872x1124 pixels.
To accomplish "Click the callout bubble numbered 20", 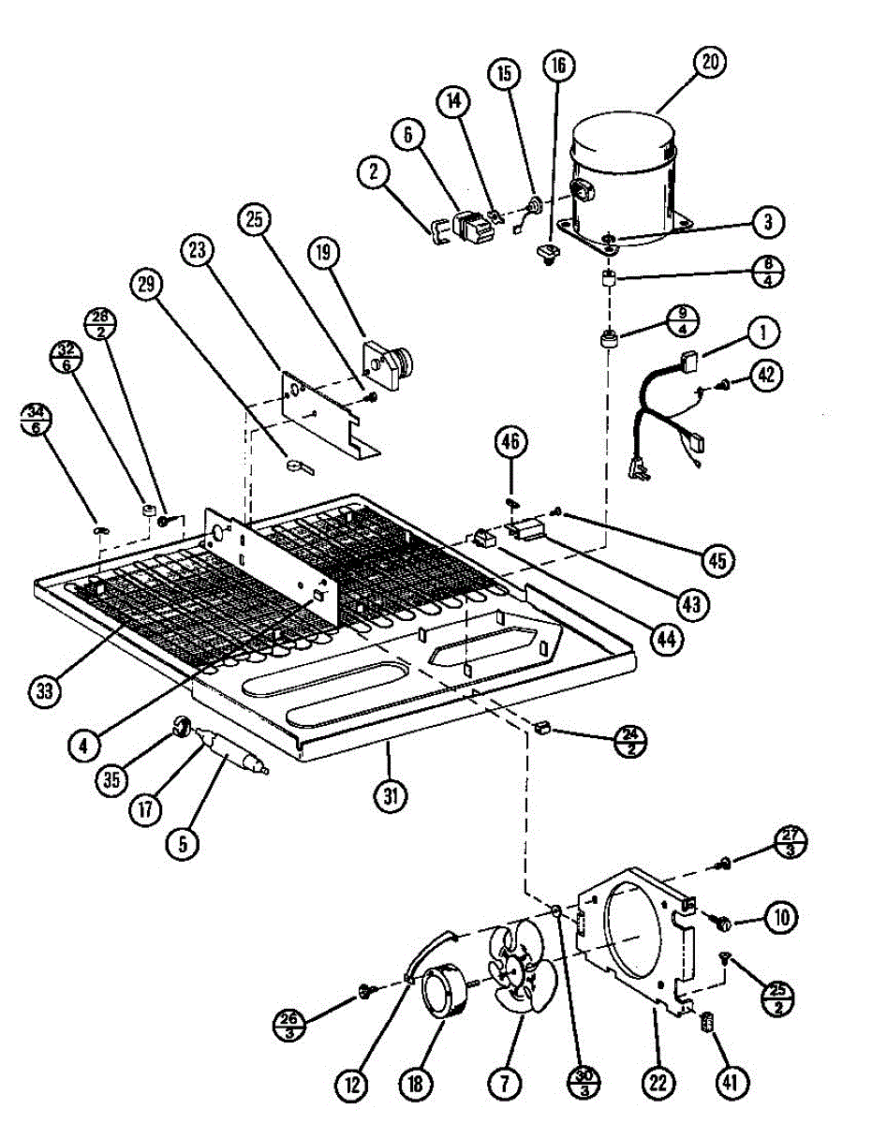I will click(711, 63).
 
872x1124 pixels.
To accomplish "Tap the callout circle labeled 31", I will click(390, 797).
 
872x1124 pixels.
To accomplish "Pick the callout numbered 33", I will click(44, 690).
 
